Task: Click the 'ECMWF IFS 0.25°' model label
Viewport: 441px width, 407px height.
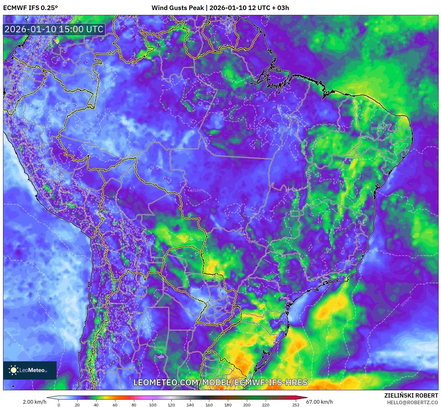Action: pos(30,8)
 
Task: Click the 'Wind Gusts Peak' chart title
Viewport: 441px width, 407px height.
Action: pos(178,8)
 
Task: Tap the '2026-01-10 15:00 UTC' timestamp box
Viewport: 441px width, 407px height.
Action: pos(54,29)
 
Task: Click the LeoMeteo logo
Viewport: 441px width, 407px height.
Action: pos(30,370)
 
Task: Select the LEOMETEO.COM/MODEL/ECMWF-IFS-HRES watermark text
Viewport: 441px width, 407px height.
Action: pos(220,382)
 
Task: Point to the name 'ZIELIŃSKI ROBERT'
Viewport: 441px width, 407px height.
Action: pos(411,395)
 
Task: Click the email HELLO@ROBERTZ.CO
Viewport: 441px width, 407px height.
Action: pos(412,402)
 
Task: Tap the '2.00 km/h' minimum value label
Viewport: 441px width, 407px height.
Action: pos(34,402)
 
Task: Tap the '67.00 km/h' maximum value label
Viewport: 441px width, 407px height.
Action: pos(319,402)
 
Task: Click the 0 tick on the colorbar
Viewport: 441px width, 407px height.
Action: pos(59,405)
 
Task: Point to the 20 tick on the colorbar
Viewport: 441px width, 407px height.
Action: pos(77,405)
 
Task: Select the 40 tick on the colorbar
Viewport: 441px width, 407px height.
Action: pos(96,405)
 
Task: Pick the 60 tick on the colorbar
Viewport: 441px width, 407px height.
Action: pos(115,405)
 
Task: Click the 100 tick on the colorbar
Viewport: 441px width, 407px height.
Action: pos(153,405)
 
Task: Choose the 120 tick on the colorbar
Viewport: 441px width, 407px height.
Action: pos(171,405)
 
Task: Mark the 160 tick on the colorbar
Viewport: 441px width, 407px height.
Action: pos(209,405)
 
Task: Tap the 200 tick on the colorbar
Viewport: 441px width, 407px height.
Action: pos(247,405)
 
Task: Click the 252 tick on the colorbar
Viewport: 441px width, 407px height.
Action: pos(296,405)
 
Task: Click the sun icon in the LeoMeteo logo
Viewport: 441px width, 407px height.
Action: pos(13,370)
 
